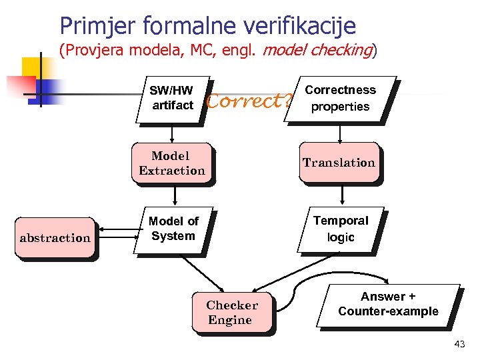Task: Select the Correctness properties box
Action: (340, 99)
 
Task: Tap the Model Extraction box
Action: (172, 163)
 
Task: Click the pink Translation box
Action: (339, 163)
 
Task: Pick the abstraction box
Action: (55, 237)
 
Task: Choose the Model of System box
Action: (173, 229)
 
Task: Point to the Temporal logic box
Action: (341, 229)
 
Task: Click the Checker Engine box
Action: (231, 312)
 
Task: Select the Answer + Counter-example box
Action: (388, 305)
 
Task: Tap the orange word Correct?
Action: (249, 101)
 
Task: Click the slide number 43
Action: (459, 345)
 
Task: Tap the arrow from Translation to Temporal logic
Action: (342, 195)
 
